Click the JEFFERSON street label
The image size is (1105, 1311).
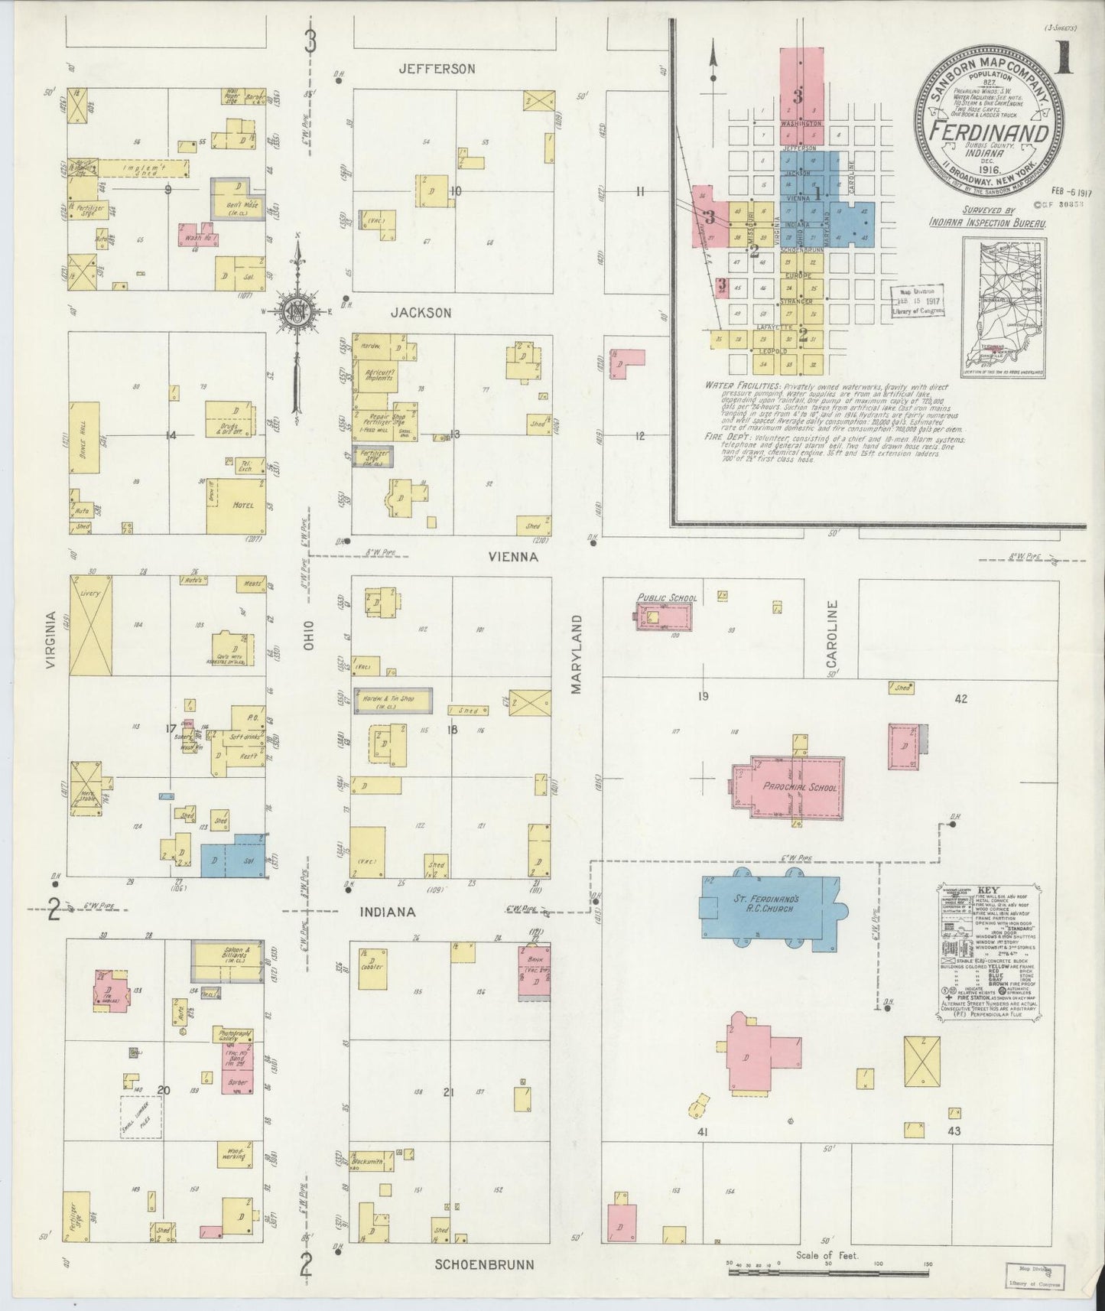coord(437,69)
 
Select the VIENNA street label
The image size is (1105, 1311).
coord(513,557)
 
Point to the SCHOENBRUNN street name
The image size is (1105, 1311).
coord(484,1264)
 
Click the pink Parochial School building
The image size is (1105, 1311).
coord(788,788)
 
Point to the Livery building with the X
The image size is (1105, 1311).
coord(90,625)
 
